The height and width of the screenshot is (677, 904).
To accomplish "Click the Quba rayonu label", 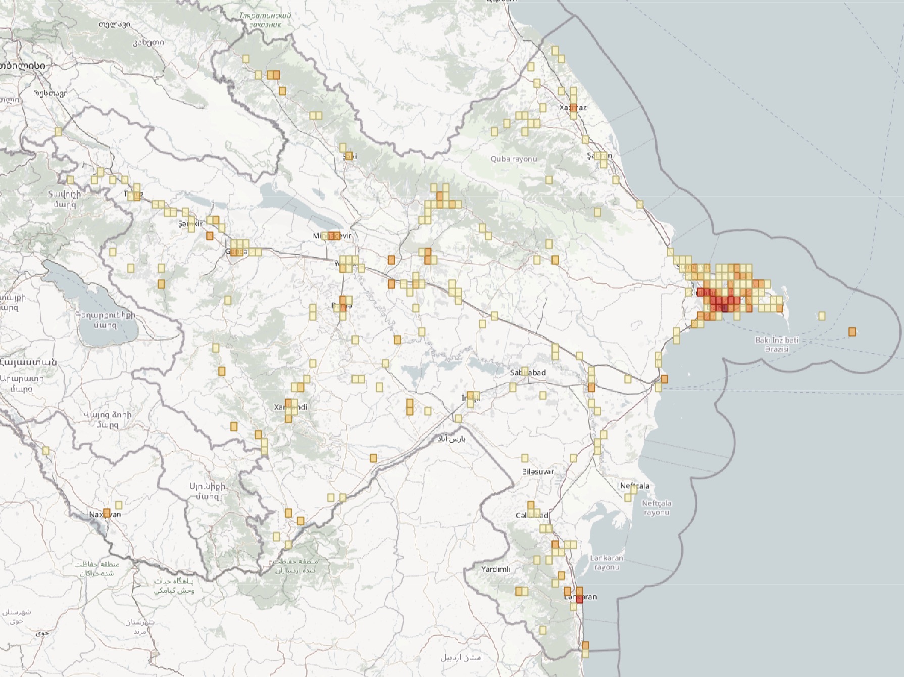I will pos(514,159).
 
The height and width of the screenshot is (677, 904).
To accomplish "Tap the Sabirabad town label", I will pos(528,373).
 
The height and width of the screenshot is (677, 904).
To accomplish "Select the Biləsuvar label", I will pos(538,472).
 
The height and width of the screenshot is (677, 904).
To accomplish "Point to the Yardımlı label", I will pos(495,569).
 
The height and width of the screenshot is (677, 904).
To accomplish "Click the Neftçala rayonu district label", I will pos(657,508).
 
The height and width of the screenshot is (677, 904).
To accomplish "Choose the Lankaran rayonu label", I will pos(607,563).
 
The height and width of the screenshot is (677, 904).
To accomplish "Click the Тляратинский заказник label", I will pos(265,20).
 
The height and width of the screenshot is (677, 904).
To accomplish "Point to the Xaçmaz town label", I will pos(573,108).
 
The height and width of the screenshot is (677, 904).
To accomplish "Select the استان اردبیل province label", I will pos(462,657).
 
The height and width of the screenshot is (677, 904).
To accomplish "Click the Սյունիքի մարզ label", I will pos(207,491).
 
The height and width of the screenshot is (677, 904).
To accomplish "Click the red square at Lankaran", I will pos(579,599).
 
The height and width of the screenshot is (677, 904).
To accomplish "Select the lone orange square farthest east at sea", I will pos(852,332).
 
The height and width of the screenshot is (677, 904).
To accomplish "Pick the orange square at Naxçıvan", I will pos(107,513).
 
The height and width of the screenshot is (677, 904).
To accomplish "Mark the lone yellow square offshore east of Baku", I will pos(822,316).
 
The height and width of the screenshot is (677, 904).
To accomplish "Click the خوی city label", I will pos(42,632).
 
